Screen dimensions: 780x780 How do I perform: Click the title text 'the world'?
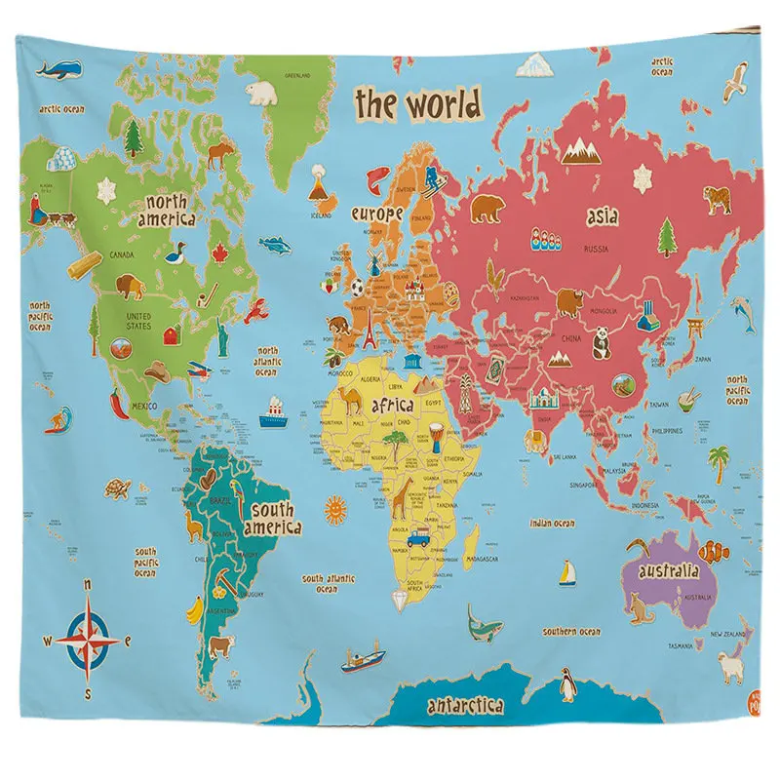tap(417, 102)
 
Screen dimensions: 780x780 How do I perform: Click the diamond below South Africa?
tap(400, 597)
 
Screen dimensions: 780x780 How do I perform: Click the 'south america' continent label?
tap(272, 519)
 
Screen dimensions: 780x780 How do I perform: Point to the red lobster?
tap(256, 312)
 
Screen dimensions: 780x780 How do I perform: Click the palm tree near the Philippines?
tap(719, 457)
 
